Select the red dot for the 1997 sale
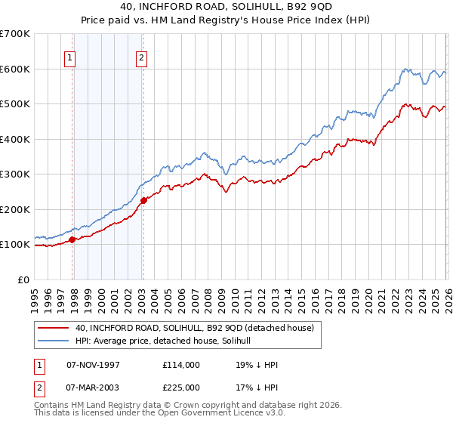[x=72, y=239]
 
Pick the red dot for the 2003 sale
[x=143, y=200]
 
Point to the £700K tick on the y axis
[x=15, y=34]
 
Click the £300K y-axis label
[x=15, y=174]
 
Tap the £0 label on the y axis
[x=24, y=279]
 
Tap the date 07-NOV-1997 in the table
[x=94, y=364]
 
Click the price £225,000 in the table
[x=181, y=387]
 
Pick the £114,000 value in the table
[x=181, y=364]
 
